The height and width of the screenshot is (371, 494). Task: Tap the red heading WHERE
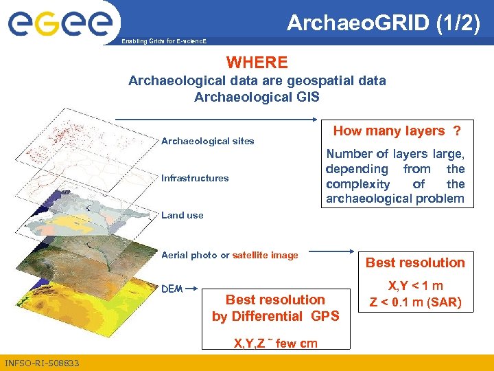(x=257, y=63)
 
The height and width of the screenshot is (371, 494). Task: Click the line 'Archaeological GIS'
(x=257, y=97)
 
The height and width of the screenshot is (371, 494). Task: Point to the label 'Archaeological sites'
(x=207, y=141)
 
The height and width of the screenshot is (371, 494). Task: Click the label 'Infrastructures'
(x=195, y=178)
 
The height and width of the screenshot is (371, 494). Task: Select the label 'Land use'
(x=182, y=215)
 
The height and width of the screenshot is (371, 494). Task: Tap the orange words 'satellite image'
(x=266, y=255)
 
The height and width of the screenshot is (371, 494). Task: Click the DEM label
(x=172, y=289)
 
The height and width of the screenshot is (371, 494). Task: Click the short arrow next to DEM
(x=191, y=289)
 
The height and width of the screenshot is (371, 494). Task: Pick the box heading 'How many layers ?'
(x=396, y=131)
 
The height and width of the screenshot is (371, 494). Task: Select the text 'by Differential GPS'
(x=275, y=316)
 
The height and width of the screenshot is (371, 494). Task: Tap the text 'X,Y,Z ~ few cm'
(x=275, y=343)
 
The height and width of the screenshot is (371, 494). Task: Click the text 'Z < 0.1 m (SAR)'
(x=415, y=302)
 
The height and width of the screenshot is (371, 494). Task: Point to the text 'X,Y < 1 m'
(x=415, y=286)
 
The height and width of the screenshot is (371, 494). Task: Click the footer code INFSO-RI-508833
(x=42, y=363)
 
